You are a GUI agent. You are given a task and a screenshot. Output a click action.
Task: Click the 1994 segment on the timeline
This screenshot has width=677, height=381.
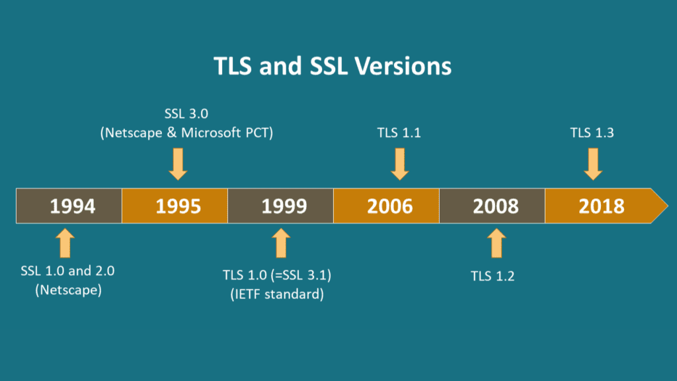[x=69, y=206]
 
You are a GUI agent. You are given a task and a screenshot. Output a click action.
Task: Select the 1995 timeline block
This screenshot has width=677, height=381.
[x=175, y=206]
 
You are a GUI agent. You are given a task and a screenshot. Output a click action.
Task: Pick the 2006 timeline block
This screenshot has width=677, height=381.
[x=386, y=206]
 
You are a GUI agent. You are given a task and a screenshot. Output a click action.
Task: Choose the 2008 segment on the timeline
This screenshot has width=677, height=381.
[x=492, y=206]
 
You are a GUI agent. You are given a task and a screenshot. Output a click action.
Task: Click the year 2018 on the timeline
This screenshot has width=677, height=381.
[x=602, y=206]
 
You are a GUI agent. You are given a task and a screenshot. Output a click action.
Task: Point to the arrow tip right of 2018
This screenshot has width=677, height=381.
[x=668, y=206]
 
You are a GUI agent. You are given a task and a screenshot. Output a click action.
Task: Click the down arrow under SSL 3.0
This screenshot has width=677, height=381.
[x=178, y=164]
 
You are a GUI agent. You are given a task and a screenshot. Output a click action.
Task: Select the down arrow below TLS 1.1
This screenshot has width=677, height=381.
[x=400, y=164]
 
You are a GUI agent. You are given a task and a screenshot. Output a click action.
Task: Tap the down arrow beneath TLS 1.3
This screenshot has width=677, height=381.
[x=593, y=164]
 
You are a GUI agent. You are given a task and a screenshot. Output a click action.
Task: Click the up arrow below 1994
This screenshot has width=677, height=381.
[x=65, y=243]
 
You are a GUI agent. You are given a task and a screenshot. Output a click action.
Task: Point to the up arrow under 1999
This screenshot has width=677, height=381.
[x=281, y=243]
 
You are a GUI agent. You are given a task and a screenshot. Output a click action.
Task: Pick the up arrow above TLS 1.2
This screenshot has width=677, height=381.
[x=497, y=243]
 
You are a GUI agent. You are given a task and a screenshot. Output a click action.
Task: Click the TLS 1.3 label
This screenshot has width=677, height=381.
[x=592, y=132]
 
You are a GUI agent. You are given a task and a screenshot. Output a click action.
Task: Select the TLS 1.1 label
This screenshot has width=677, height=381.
[x=399, y=132]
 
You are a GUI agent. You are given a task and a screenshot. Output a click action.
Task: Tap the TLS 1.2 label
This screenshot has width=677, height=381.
[x=493, y=276]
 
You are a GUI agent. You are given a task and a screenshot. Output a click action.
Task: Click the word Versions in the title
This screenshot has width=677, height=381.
[x=404, y=66]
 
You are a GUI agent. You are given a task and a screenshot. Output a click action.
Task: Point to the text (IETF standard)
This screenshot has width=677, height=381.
[x=277, y=294]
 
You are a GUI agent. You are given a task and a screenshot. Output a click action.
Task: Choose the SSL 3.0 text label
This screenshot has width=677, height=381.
[x=186, y=114]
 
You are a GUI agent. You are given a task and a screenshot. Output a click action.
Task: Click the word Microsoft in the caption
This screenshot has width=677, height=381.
[x=211, y=132]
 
